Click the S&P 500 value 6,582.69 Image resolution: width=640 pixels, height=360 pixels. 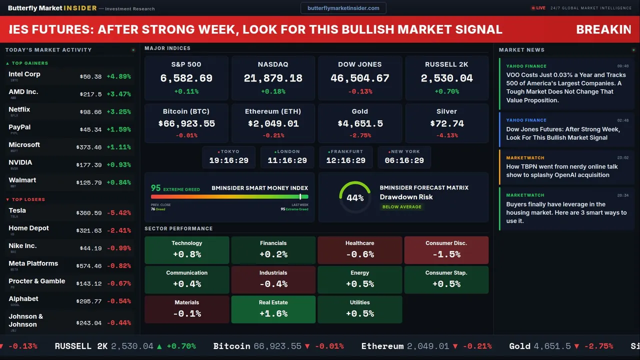[x=186, y=78]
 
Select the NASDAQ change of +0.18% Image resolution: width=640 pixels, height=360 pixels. [x=273, y=91]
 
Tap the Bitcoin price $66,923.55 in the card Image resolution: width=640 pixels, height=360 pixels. [x=186, y=123]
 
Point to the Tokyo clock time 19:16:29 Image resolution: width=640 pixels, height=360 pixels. [x=228, y=160]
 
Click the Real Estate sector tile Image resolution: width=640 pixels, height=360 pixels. [x=273, y=309]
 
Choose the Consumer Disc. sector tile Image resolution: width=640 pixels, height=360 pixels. [x=446, y=250]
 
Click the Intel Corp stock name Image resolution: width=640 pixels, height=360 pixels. [x=24, y=74]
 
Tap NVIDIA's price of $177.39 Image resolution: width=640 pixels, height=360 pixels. [x=89, y=165]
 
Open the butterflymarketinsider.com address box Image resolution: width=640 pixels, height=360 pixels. [x=343, y=8]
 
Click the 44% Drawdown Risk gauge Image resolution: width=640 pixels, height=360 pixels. [x=355, y=197]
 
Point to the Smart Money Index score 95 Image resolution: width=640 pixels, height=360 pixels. [x=156, y=188]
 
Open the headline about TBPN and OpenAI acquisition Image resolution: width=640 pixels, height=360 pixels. [x=561, y=171]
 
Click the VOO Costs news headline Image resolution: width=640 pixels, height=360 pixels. [x=565, y=87]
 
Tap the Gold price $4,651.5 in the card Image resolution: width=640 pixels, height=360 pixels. [x=360, y=123]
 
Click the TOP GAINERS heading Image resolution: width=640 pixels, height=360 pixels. [x=29, y=63]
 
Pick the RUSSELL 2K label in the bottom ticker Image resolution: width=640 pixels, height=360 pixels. [x=81, y=346]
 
